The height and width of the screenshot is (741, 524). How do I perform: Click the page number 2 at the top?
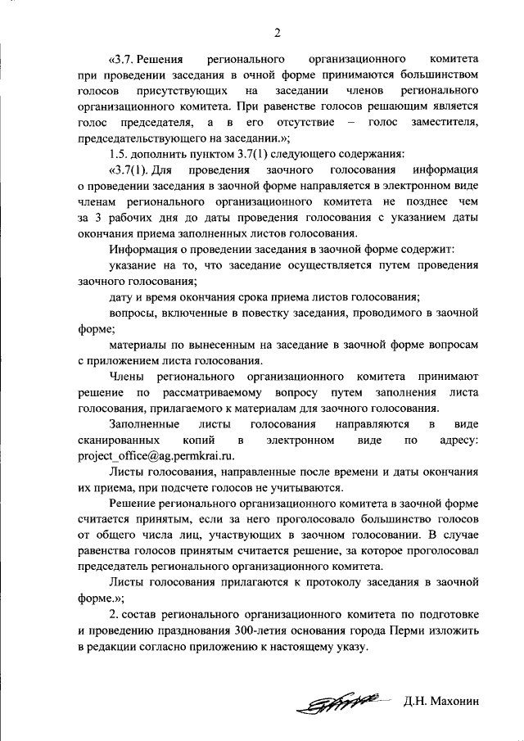(x=277, y=33)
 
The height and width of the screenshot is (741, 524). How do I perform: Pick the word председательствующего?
(x=138, y=138)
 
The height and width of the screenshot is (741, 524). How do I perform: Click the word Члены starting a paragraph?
(x=126, y=377)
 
